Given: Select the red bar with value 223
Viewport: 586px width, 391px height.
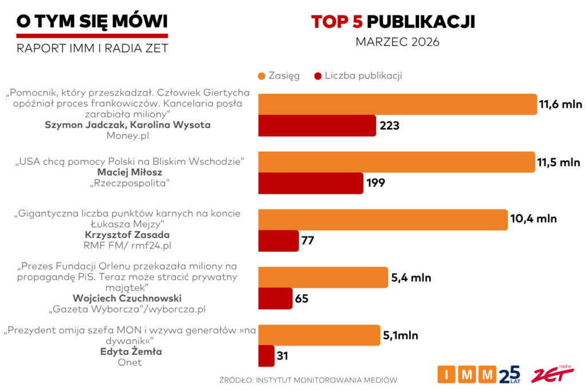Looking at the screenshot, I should (x=317, y=125).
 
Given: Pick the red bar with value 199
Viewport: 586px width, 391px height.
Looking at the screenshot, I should (x=311, y=183).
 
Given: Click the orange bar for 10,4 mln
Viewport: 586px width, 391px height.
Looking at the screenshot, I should (x=383, y=220).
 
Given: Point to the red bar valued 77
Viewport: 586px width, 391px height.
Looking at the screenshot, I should (x=279, y=241).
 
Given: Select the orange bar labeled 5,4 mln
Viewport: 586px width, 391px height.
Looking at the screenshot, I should (x=323, y=278).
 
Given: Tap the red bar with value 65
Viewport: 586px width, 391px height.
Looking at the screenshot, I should (x=275, y=298).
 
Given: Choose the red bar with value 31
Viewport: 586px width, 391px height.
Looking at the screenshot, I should (x=267, y=356).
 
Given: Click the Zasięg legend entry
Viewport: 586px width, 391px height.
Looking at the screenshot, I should (x=279, y=76).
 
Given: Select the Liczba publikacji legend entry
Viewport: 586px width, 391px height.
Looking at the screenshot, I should (x=358, y=76).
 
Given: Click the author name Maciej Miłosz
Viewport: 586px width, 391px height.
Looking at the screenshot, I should (x=130, y=172).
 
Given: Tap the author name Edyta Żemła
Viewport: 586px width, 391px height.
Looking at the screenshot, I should (x=130, y=351).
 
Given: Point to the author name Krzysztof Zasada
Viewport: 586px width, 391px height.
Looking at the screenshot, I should (x=130, y=235).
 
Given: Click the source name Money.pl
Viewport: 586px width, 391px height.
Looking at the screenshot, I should (x=130, y=136).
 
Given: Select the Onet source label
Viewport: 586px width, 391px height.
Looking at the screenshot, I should (x=130, y=362).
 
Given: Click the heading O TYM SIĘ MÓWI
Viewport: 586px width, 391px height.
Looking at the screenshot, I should (x=92, y=21).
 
